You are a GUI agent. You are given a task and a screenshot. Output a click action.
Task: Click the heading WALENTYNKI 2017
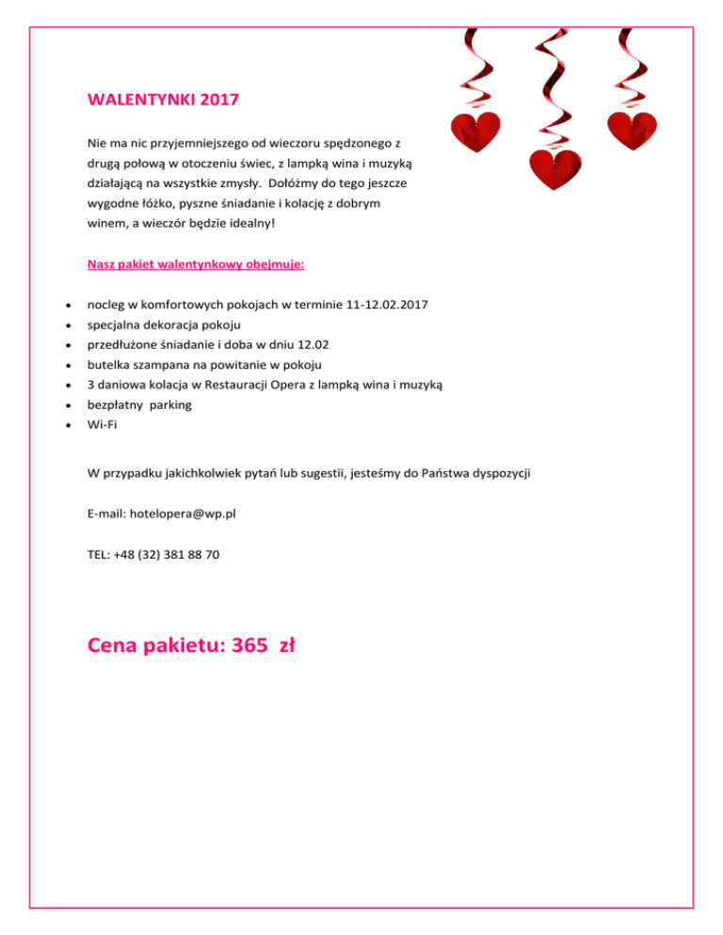click(156, 99)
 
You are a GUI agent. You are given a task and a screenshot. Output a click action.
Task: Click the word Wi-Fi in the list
click(102, 424)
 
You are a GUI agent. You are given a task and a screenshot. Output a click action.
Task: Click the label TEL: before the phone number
click(98, 555)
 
